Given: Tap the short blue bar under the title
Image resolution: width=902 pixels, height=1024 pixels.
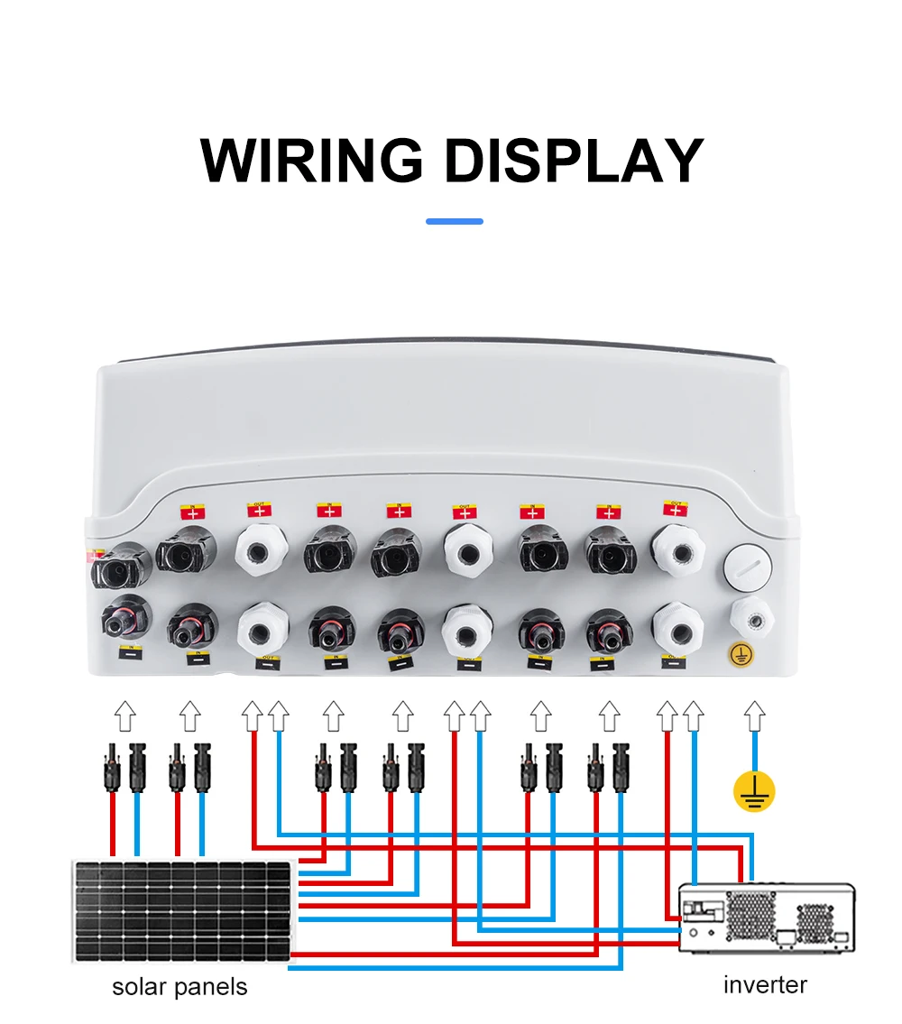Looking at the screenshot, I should coord(455,221).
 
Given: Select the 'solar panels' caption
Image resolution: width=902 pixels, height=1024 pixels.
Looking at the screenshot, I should coord(179,987).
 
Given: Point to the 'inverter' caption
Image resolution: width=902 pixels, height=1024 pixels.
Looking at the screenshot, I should coord(765,984).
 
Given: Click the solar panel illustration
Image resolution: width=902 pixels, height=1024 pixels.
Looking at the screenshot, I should coord(183,910).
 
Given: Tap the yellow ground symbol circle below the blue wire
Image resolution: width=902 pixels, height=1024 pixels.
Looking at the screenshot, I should coord(753,790).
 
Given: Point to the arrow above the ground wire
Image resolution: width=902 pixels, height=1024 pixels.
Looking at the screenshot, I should coord(753,718).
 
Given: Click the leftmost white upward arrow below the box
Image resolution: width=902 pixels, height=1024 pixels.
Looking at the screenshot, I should coord(124,716).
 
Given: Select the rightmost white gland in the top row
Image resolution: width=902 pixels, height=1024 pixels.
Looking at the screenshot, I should coord(677,551).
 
